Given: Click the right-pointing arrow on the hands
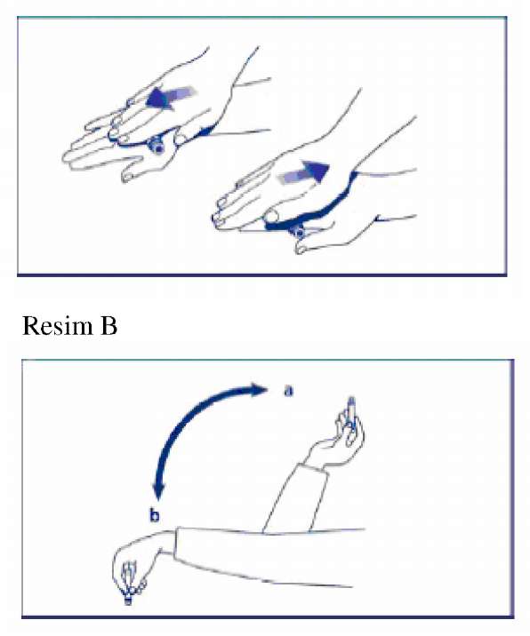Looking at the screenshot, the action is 303,172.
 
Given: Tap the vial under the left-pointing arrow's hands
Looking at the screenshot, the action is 156,145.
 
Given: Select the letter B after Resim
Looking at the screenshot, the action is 108,326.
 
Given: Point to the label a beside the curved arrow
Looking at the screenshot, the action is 287,392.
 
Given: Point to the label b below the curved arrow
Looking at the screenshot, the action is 155,516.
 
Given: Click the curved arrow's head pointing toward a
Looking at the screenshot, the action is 259,390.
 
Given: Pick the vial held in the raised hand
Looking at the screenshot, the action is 352,409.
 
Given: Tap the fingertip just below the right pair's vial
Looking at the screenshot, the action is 301,248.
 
